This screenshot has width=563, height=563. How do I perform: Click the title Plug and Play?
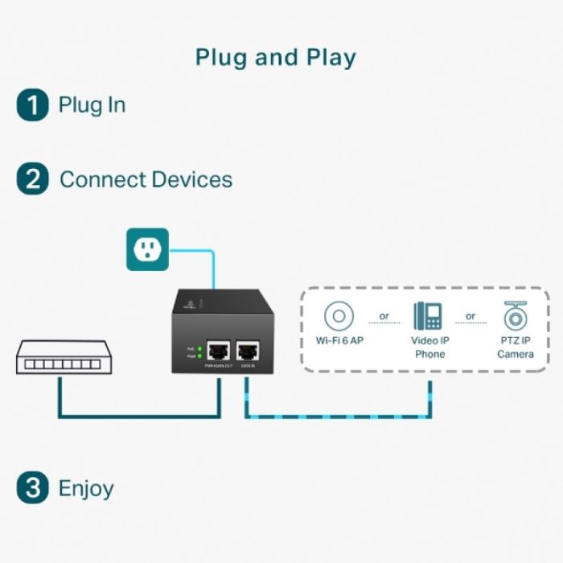pos(276,58)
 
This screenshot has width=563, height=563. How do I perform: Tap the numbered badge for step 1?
pos(32,105)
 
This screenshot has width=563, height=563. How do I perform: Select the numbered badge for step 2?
pos(32,179)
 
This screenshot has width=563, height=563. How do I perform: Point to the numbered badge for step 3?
pos(32,487)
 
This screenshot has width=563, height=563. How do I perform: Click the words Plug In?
pos(92,105)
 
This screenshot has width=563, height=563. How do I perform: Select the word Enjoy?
pos(86,488)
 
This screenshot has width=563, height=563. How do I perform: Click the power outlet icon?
pos(147,249)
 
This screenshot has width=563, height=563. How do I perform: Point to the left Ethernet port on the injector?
pos(218,351)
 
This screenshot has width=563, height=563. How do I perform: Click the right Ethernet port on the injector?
pos(247,351)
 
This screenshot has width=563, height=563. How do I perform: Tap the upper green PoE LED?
pos(199,348)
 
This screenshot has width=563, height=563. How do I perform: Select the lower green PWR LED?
pos(199,355)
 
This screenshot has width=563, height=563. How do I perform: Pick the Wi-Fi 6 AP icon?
pos(339,316)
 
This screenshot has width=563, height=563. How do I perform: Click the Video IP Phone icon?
pos(428,316)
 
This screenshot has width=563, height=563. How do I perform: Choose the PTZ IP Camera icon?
pos(515,316)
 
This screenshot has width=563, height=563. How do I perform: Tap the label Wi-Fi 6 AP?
pos(339,341)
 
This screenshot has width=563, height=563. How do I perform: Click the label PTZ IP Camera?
pos(515,347)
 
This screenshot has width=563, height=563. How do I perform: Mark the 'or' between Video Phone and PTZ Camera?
pos(471,316)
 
